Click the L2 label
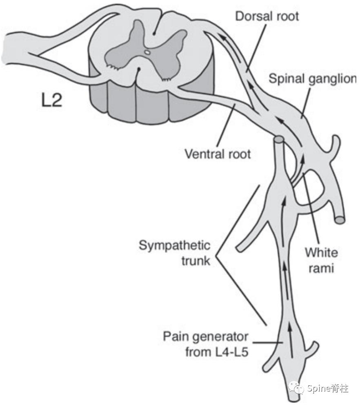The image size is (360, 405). click(52, 100)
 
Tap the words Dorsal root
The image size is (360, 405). click(267, 16)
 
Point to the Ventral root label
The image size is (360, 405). click(218, 154)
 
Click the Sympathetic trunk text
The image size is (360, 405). click(175, 253)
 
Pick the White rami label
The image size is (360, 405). click(321, 260)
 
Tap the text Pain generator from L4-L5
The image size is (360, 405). click(206, 344)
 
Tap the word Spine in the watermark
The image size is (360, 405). click(320, 388)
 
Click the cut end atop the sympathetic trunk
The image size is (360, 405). click(279, 139)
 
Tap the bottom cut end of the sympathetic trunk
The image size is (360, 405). click(294, 399)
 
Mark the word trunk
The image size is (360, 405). click(196, 261)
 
